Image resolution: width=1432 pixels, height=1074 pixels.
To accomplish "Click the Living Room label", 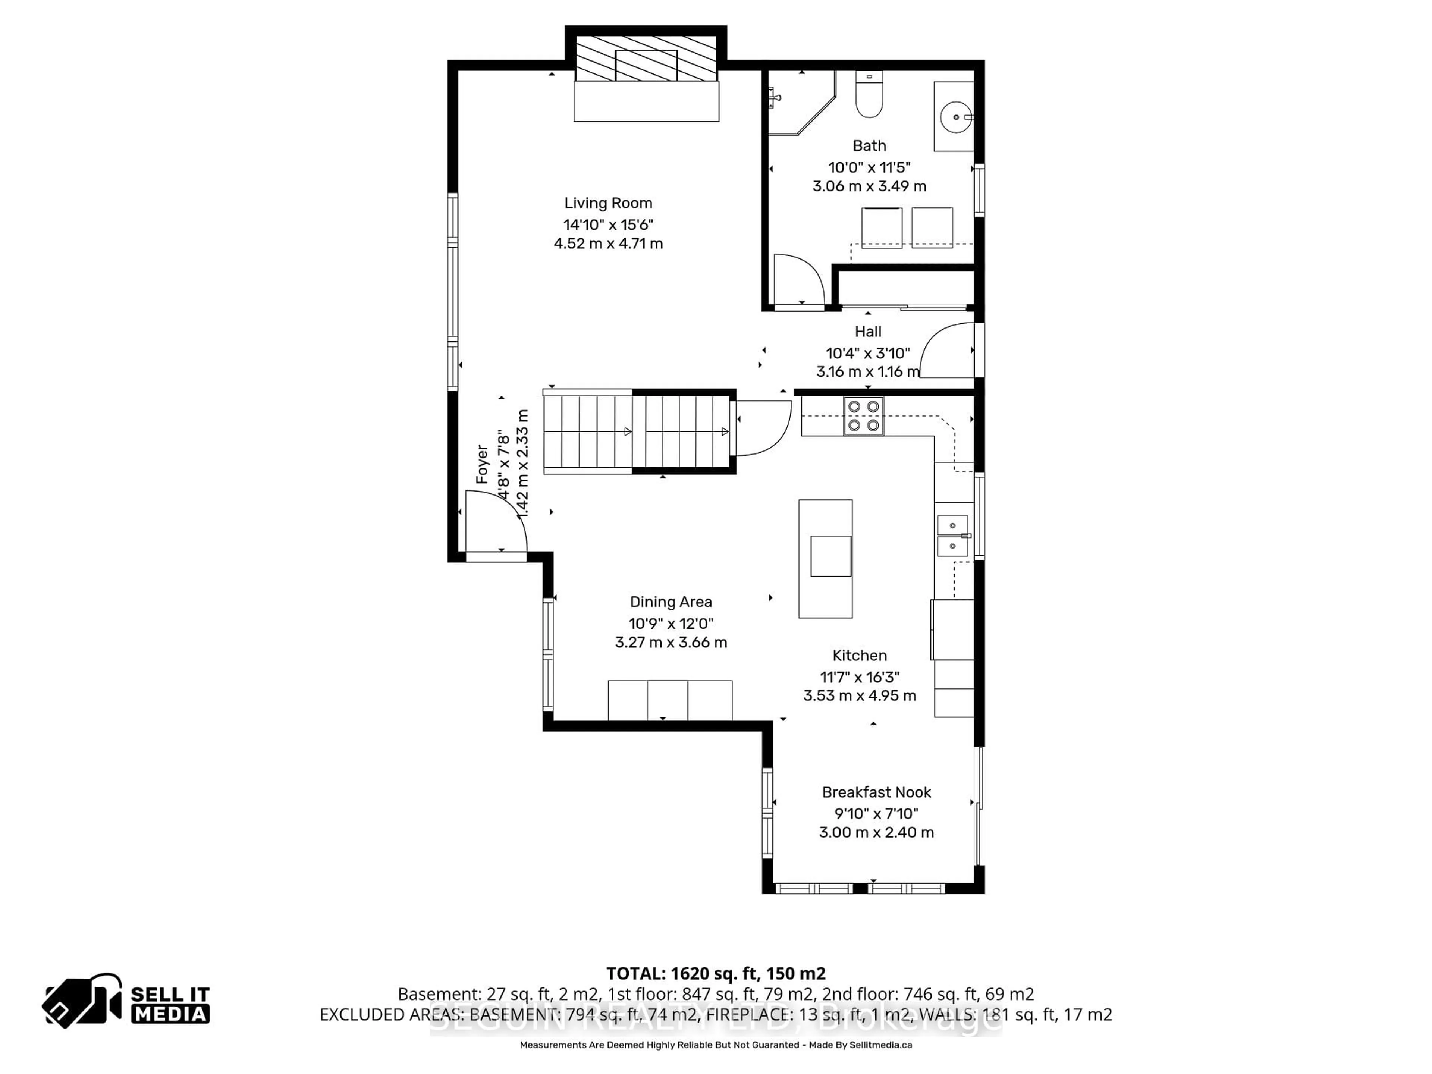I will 608,203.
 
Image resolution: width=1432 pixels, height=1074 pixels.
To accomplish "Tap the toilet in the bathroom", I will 869,97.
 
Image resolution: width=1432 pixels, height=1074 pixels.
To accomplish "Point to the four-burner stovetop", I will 864,416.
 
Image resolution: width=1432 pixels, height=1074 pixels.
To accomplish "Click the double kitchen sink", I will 952,536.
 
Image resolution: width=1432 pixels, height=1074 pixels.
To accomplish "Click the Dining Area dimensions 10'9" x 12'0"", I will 671,624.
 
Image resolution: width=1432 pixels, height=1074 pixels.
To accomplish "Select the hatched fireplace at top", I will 646,58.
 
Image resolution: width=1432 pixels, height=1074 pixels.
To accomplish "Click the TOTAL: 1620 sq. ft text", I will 715,974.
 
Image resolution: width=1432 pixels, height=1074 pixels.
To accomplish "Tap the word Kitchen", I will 859,656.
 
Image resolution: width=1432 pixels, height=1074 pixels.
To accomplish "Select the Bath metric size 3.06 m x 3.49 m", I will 869,186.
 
